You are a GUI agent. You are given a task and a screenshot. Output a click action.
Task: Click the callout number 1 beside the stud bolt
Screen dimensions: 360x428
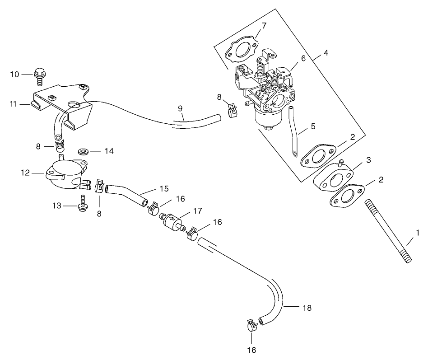tap(418, 233)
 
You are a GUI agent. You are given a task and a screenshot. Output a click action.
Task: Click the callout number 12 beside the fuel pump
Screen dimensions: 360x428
tap(25, 172)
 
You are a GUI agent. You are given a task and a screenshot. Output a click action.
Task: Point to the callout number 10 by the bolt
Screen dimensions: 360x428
tap(15, 74)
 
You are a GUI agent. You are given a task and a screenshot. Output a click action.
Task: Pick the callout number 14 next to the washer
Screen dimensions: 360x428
tap(108, 151)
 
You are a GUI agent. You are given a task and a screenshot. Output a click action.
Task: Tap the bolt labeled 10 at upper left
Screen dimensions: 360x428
tap(40, 76)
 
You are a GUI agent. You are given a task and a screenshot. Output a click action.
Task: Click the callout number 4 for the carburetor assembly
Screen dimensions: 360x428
tap(326, 53)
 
